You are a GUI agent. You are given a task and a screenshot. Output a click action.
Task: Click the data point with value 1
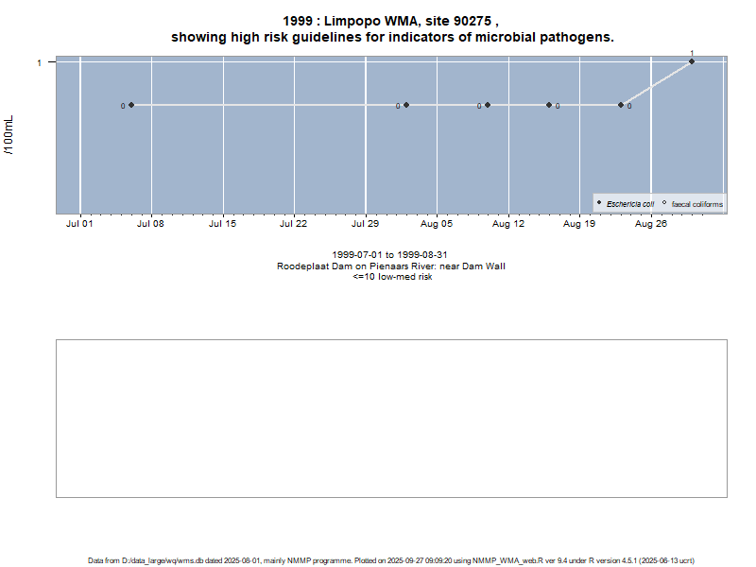pos(692,61)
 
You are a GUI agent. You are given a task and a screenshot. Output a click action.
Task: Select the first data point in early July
pos(131,105)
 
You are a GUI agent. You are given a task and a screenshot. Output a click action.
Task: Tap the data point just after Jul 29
pos(406,105)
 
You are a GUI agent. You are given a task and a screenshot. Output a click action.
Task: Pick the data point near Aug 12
pos(488,105)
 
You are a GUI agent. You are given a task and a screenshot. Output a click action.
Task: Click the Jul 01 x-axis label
pos(79,225)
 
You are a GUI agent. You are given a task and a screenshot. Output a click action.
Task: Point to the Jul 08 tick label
pos(151,225)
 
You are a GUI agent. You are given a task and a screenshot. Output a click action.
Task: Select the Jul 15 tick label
pos(222,225)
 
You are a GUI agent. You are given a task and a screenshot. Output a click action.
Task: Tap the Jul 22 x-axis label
pos(294,225)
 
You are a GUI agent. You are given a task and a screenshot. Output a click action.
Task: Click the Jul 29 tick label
pos(366,225)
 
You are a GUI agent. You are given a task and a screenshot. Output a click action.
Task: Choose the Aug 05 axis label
pos(437,225)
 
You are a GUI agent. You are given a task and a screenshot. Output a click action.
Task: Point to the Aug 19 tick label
pos(579,225)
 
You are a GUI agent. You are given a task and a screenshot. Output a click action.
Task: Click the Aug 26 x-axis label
pos(651,225)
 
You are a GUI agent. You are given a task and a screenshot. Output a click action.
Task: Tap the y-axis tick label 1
pos(39,62)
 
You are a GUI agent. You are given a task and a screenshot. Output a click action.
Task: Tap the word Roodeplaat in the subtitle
pos(302,266)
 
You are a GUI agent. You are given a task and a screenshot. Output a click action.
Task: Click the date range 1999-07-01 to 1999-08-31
pos(390,256)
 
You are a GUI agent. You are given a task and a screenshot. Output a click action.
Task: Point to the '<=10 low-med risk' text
pos(392,277)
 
